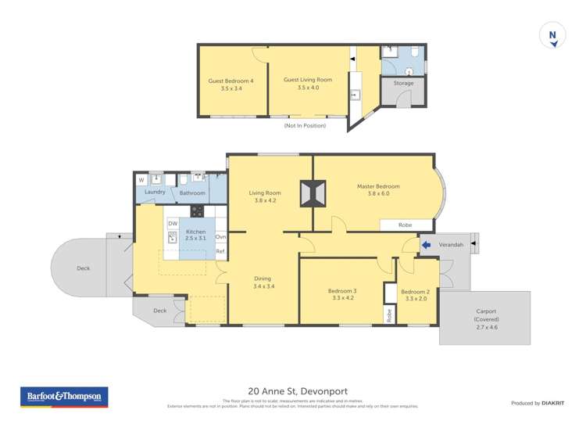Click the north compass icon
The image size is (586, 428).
click(x=553, y=35)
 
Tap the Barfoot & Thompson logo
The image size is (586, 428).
click(x=63, y=397)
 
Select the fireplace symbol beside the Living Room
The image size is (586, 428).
click(x=312, y=194)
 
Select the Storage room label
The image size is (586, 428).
click(x=403, y=83)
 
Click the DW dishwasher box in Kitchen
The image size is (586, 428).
click(x=172, y=224)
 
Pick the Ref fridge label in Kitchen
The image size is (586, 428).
click(x=220, y=252)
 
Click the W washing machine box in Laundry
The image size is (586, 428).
click(x=141, y=180)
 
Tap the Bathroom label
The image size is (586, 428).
click(x=192, y=192)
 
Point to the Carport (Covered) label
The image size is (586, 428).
click(x=485, y=315)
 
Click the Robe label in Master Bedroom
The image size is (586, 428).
click(x=405, y=225)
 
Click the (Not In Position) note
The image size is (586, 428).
click(x=305, y=126)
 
